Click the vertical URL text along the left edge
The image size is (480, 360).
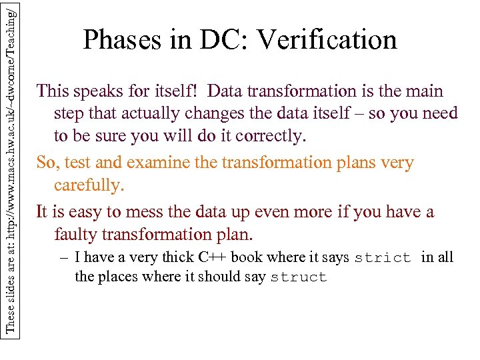click(9, 167)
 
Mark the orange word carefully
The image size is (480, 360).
click(89, 185)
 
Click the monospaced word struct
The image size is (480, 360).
click(299, 277)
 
